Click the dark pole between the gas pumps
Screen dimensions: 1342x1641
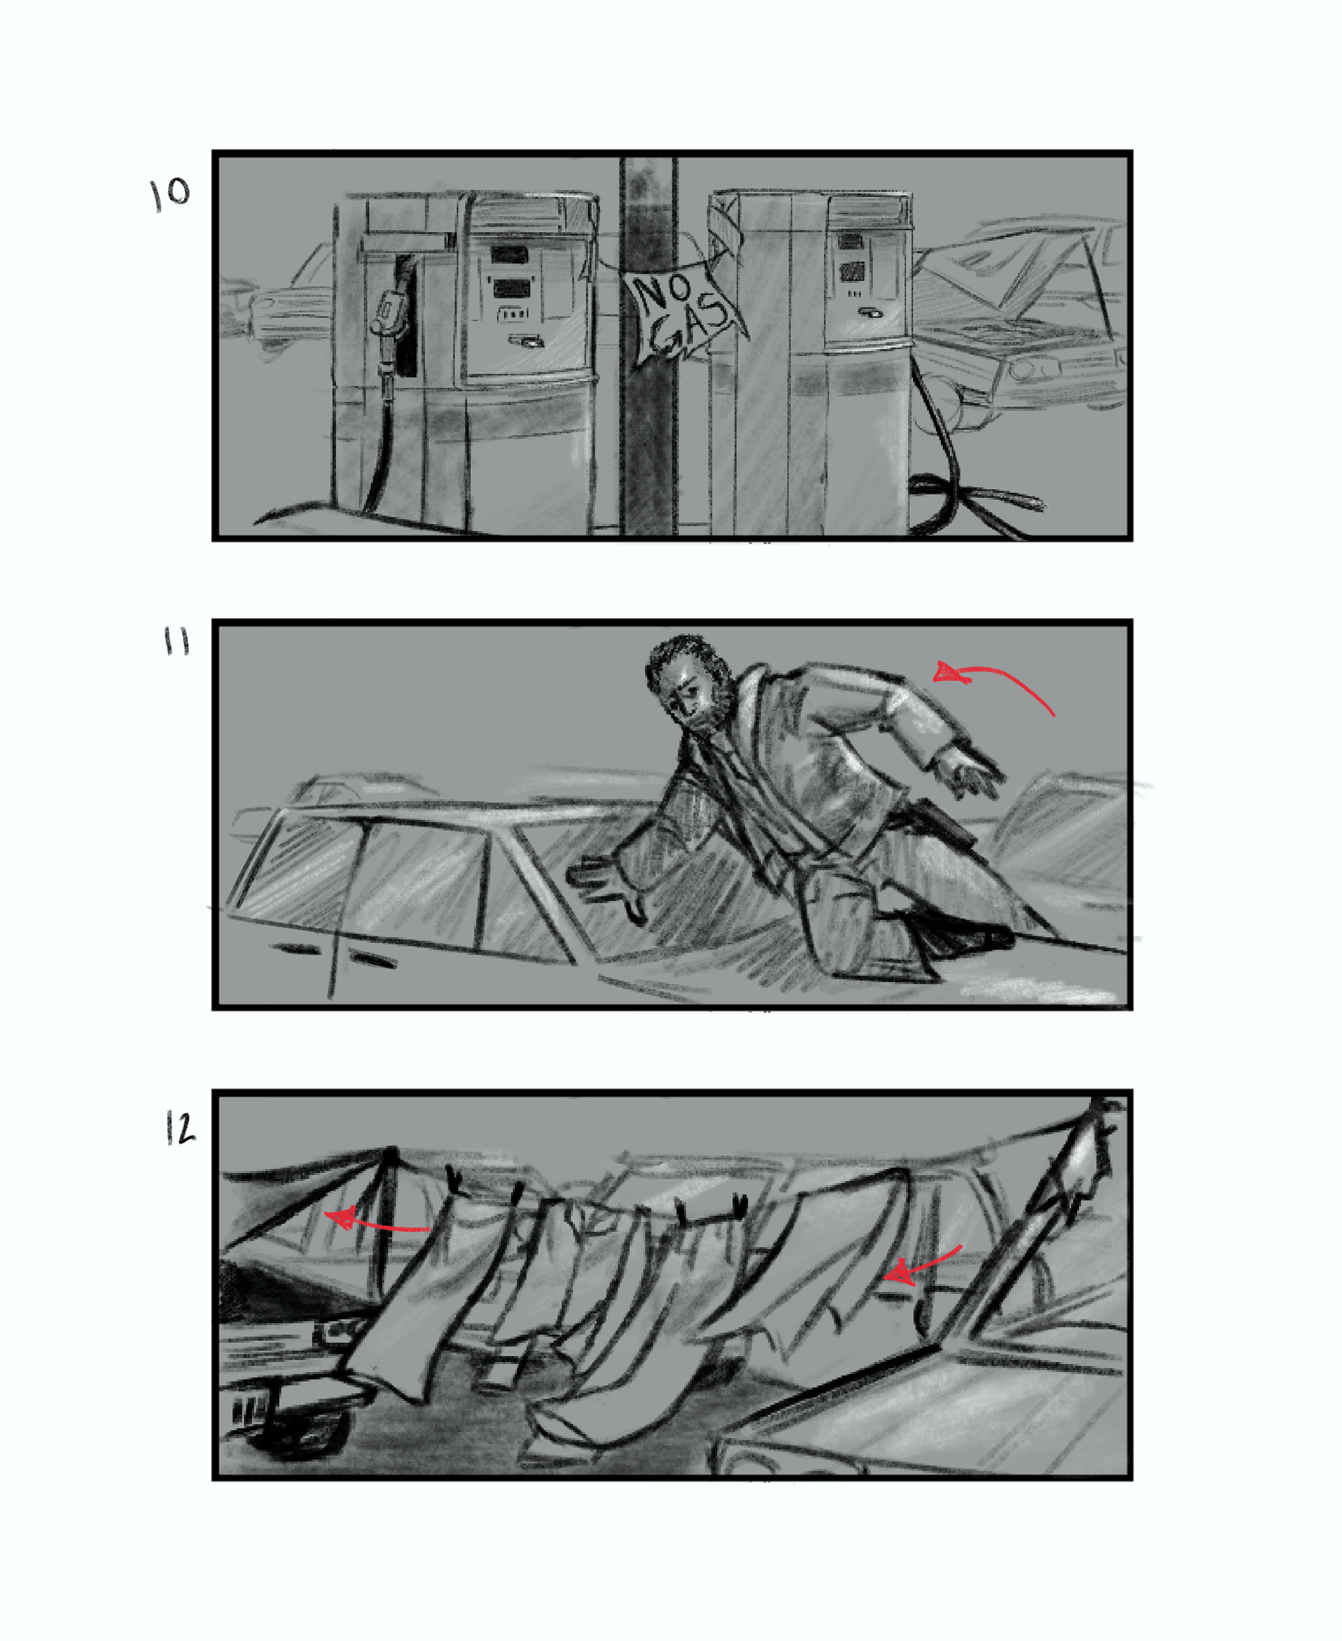[648, 348]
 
